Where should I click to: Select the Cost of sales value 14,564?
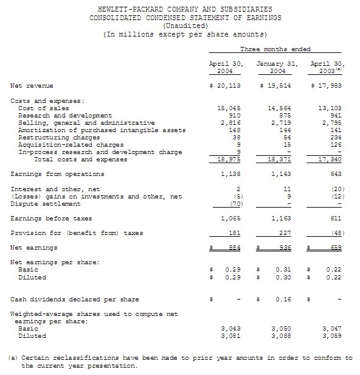coord(280,107)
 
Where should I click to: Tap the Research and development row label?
coord(66,114)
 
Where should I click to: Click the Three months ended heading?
coord(275,49)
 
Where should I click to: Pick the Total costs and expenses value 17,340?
coord(330,159)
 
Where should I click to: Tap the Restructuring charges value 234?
coord(334,137)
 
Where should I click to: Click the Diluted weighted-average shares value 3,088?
coord(280,335)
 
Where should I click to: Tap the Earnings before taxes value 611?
coord(334,218)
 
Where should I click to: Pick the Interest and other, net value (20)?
coord(335,189)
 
